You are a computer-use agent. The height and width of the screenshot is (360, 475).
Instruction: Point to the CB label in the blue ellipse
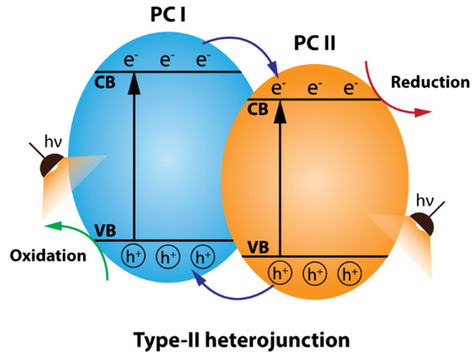coord(104,84)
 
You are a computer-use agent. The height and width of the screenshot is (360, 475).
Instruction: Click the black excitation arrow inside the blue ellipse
coord(134,155)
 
